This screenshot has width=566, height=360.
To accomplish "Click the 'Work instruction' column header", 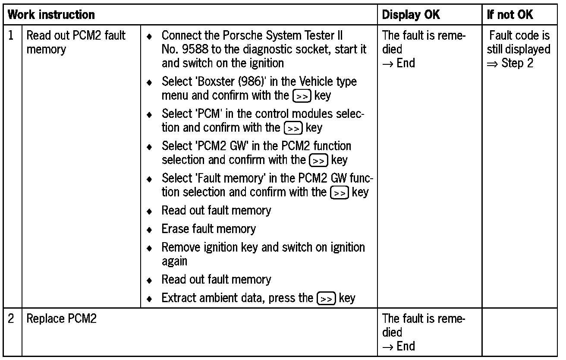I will point(52,15).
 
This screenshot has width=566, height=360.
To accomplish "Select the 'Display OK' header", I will point(411,15).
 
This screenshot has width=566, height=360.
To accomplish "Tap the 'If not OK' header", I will point(510,15).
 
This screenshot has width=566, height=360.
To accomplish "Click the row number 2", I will point(12,319).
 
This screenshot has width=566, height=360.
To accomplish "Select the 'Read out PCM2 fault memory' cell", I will point(75,42).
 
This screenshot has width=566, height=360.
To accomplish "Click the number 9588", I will point(194,49).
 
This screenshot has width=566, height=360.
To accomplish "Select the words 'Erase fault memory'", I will point(208,228).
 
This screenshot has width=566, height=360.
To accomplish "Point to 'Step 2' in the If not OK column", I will point(517,63).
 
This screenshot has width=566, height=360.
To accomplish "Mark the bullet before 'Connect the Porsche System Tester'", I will point(149,36).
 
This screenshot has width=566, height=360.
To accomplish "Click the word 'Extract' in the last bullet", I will point(178,298).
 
